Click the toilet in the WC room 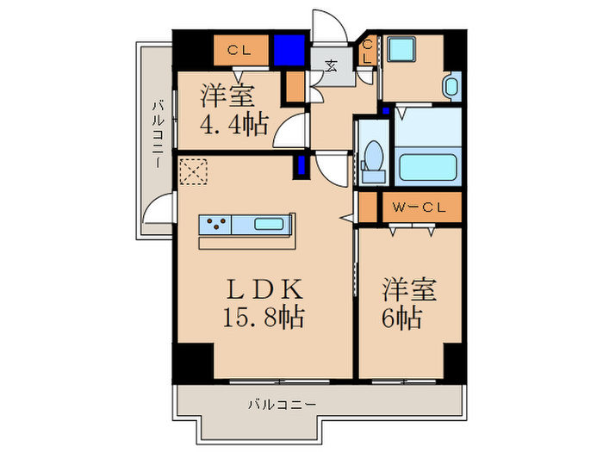click(x=374, y=160)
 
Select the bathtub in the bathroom click(x=427, y=164)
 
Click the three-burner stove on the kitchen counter click(x=215, y=226)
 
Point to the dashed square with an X click(x=194, y=171)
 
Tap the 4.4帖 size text click(x=233, y=123)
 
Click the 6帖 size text click(x=401, y=319)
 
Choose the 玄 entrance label click(x=332, y=64)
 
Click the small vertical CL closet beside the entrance click(x=367, y=51)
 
